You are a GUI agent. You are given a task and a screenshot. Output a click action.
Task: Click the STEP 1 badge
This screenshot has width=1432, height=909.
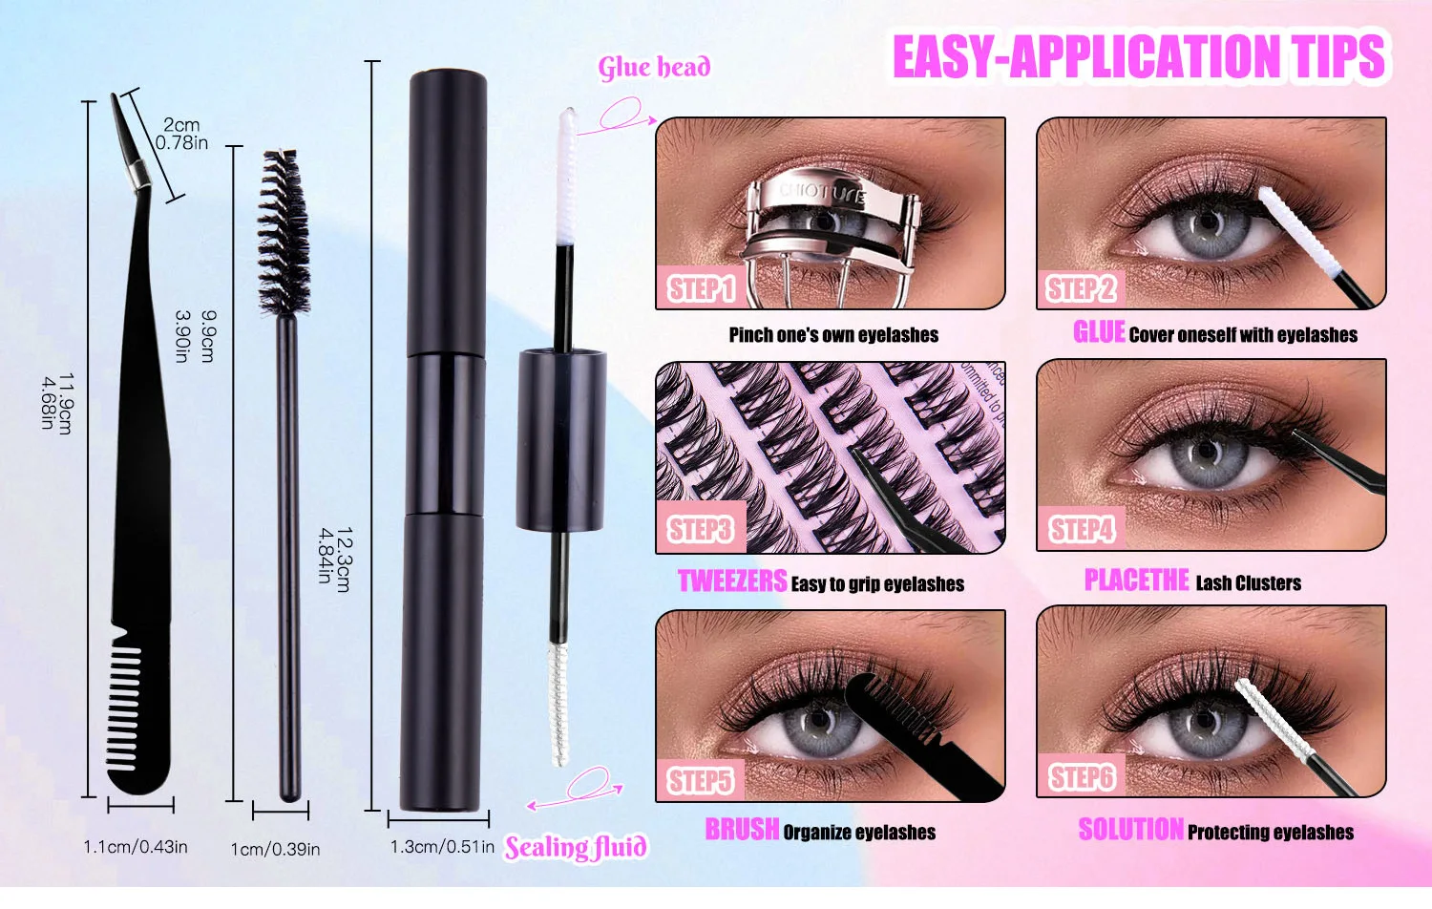tap(700, 288)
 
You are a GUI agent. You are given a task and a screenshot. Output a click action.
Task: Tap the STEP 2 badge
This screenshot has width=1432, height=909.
tap(1080, 288)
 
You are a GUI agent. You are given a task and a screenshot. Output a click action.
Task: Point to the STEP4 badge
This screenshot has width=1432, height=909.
tap(1081, 529)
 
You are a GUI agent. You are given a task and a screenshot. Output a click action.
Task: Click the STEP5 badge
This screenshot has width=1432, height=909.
tap(700, 780)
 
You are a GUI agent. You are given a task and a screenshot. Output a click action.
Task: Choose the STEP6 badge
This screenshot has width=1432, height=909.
tap(1081, 777)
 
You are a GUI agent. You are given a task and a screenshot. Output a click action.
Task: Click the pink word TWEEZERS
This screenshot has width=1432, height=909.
tap(732, 581)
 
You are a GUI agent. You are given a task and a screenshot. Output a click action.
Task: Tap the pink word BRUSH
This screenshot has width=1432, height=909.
tap(742, 830)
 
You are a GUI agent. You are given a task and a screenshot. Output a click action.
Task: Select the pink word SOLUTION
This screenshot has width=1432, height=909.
tap(1130, 830)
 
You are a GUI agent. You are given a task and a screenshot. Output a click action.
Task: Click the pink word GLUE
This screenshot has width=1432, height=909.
tap(1099, 332)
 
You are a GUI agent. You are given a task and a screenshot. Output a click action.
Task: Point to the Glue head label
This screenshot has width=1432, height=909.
tap(654, 68)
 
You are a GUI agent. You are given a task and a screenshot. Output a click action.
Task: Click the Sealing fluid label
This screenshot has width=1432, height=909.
tap(576, 847)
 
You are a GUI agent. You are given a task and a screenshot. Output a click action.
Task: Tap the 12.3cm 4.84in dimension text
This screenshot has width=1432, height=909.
tap(334, 560)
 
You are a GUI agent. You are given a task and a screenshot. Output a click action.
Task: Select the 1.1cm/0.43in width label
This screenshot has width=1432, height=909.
tap(136, 847)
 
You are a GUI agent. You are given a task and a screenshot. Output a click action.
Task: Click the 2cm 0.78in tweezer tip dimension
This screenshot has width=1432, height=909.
tap(181, 134)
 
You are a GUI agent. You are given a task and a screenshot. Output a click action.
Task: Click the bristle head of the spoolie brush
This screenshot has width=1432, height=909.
tap(284, 234)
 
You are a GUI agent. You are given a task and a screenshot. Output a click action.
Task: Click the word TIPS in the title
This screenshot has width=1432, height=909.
tap(1337, 56)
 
